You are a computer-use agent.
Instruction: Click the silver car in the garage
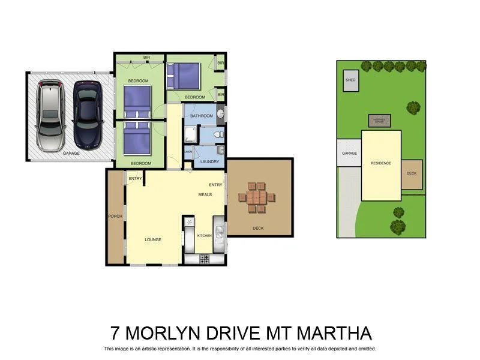[49, 115]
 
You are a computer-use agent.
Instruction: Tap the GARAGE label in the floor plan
[71, 154]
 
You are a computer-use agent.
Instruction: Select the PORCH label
[115, 216]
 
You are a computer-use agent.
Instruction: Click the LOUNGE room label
[153, 239]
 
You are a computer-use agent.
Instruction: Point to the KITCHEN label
[205, 236]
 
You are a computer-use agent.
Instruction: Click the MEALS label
[205, 195]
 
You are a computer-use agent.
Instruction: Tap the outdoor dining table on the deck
[257, 197]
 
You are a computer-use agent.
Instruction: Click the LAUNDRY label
[209, 161]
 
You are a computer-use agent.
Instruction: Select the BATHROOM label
[201, 116]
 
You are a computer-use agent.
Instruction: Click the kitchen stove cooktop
[205, 259]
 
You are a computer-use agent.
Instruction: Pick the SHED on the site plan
[350, 82]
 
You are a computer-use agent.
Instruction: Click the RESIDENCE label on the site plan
[380, 163]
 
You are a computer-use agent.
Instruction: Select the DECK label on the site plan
[411, 173]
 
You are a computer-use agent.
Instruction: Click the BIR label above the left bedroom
[146, 58]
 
